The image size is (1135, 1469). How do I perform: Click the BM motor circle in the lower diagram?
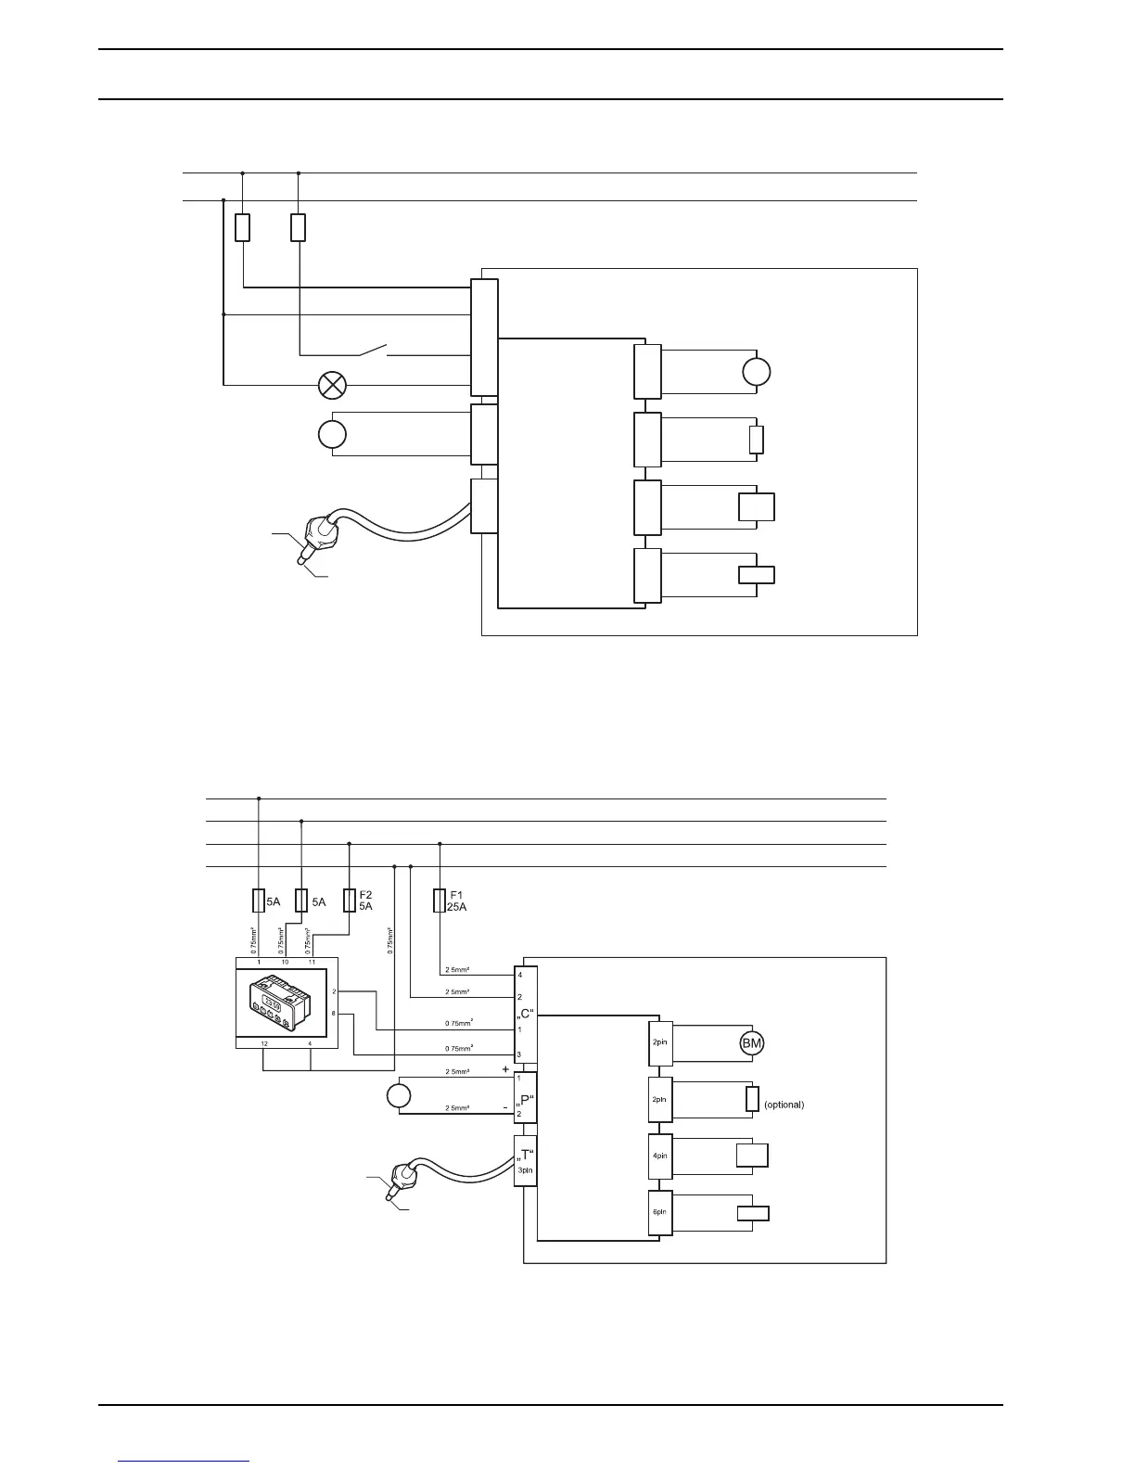751,1044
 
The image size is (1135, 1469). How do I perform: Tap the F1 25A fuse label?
458,901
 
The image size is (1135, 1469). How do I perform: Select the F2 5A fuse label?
365,901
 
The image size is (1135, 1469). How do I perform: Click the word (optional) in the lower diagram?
784,1105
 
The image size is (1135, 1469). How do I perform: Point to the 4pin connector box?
659,1156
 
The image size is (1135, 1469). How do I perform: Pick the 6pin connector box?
659,1212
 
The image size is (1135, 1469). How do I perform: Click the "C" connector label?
526,1014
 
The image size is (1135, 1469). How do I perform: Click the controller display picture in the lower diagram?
274,1003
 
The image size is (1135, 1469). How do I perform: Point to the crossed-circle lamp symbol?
332,384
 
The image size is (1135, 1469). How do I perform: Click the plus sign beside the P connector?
505,1069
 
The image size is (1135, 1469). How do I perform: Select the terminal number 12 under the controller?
264,1044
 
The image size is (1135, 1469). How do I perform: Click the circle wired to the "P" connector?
398,1095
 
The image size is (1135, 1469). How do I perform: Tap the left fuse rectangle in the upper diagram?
242,227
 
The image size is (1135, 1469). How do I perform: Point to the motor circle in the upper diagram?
757,372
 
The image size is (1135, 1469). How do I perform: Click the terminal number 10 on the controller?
285,962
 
